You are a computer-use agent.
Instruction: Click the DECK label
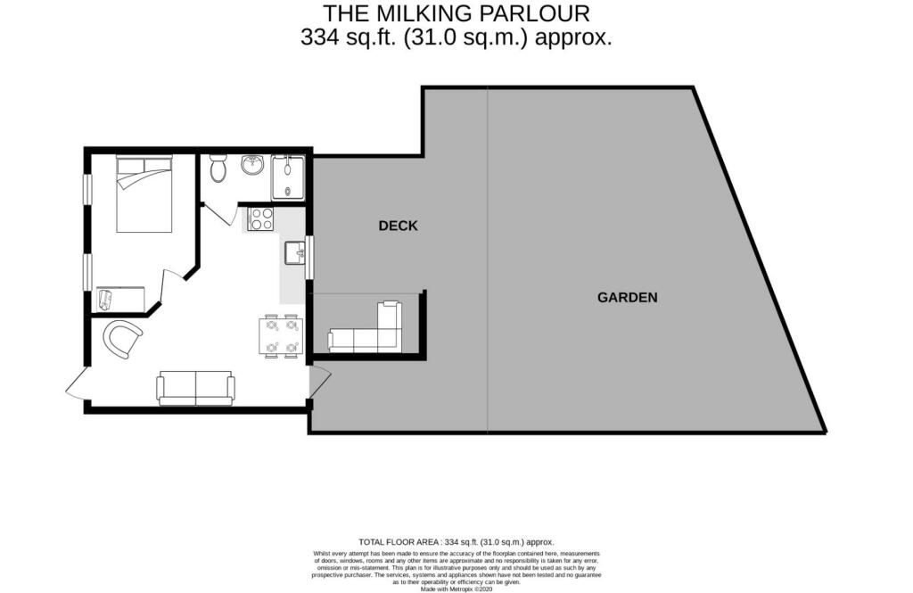[398, 226]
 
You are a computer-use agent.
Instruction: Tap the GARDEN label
[627, 297]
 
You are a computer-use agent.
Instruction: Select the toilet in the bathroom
[218, 169]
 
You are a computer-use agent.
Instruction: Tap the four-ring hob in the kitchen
[261, 218]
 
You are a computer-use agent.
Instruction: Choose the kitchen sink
[294, 253]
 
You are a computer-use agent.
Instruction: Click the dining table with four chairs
[280, 337]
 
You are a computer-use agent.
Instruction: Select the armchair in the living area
[123, 339]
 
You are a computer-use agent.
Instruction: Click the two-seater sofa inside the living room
[195, 387]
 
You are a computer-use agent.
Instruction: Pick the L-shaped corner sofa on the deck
[370, 332]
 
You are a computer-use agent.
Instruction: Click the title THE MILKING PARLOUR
[456, 13]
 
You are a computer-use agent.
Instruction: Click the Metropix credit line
[456, 589]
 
